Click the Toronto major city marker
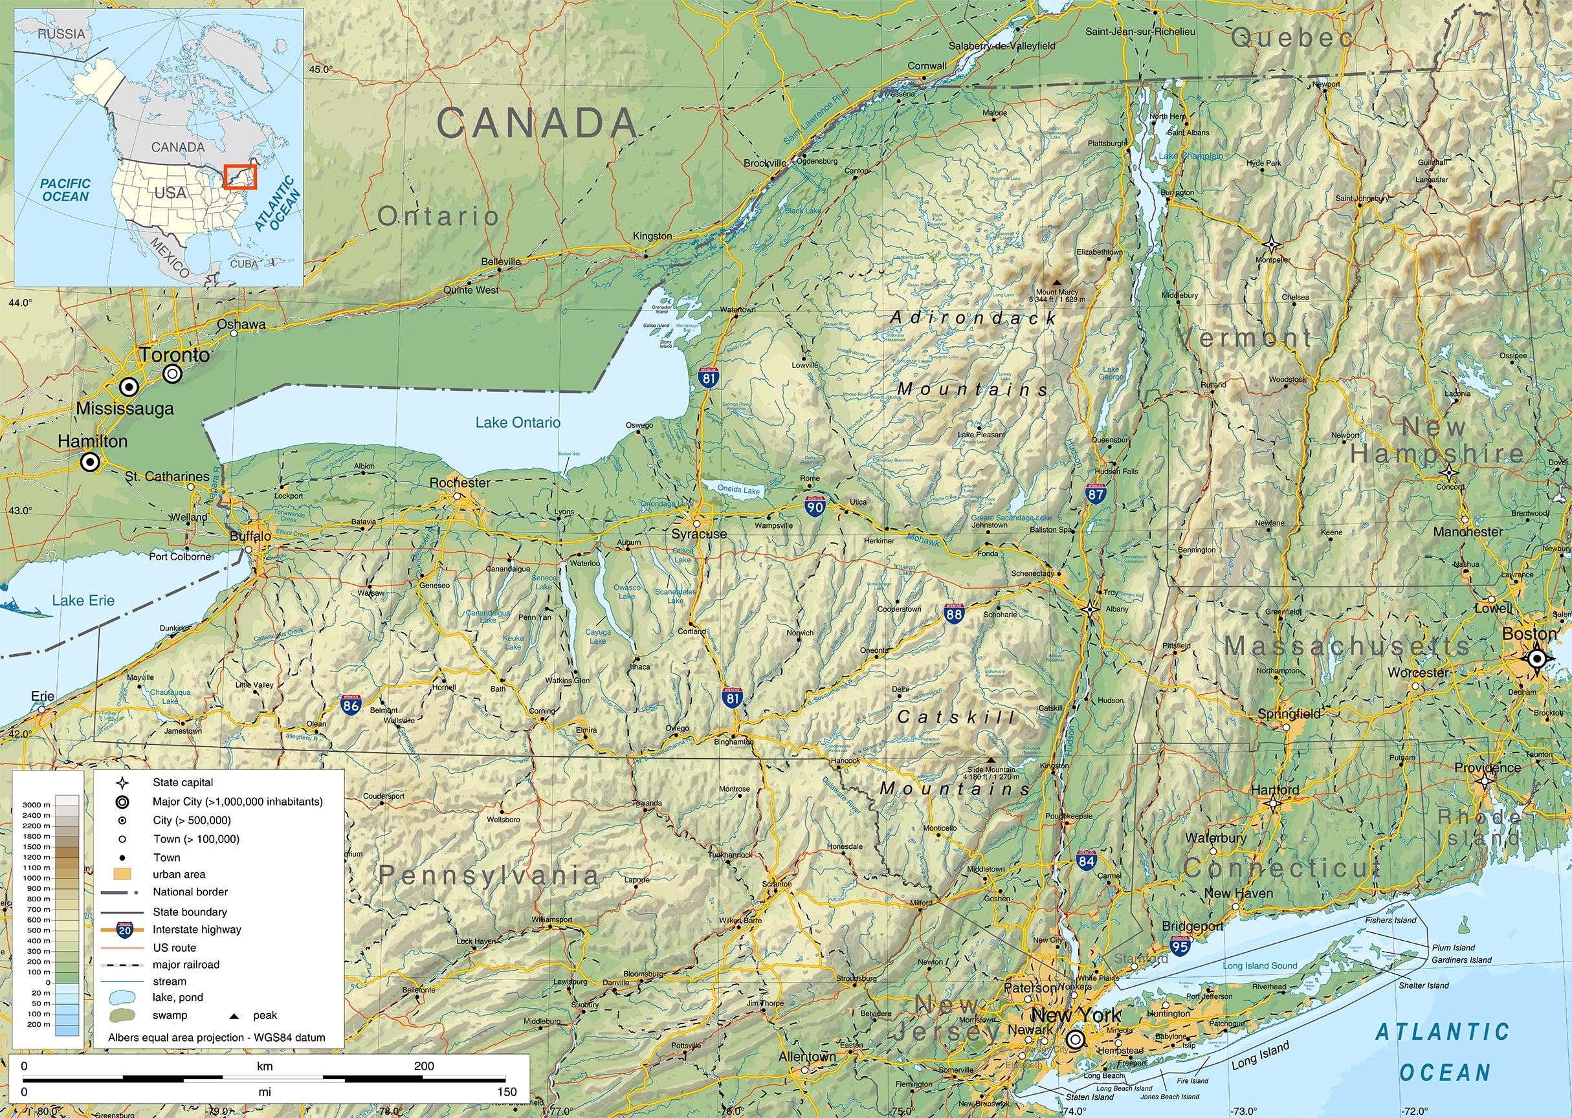coord(173,374)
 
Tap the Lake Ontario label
coord(518,422)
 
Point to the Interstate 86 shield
coord(351,705)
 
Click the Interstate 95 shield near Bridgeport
coord(1180,946)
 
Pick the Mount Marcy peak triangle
coord(1057,282)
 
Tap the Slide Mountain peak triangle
coord(991,760)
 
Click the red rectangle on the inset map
coord(239,177)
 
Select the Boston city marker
coord(1536,659)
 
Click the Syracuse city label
coord(699,534)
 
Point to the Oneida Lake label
coord(738,490)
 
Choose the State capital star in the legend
coord(122,783)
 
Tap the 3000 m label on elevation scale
coord(36,805)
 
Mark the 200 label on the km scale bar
coord(423,1066)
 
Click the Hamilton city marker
coord(89,463)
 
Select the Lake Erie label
coord(83,600)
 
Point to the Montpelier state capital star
coord(1271,245)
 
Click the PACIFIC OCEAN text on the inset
coord(65,190)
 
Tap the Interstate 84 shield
coord(1087,860)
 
